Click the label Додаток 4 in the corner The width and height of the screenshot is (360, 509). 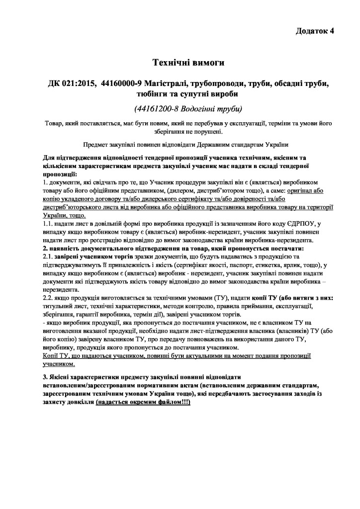[315, 31]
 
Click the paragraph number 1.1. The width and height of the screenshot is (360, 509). [49, 224]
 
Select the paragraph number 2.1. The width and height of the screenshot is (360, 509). [49, 256]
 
